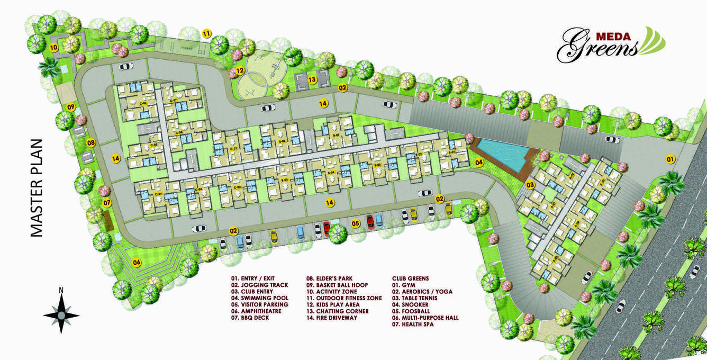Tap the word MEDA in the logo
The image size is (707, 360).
tap(613, 37)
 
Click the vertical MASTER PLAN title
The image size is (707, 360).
tap(36, 187)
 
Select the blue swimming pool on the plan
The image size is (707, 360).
tap(500, 153)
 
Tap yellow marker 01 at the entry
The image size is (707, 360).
tap(670, 159)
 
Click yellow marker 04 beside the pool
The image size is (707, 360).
tap(479, 163)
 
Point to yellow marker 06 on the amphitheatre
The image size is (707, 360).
tap(137, 262)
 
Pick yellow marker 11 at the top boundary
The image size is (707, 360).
tap(207, 34)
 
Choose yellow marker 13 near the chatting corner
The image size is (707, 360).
tap(312, 80)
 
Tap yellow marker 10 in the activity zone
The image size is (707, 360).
tap(53, 47)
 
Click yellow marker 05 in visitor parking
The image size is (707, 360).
tap(356, 224)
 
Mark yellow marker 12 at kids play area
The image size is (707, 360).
tap(240, 70)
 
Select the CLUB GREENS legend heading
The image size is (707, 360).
tap(410, 278)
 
